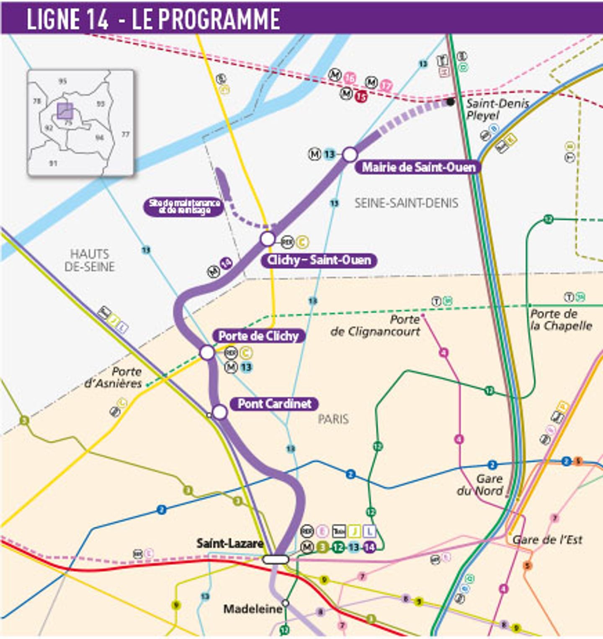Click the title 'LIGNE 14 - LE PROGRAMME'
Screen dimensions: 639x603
click(x=153, y=19)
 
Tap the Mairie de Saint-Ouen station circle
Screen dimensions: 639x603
click(x=350, y=155)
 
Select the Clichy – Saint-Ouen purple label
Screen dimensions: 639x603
click(x=319, y=260)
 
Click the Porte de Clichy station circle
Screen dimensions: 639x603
click(x=207, y=353)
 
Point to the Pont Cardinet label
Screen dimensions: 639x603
click(x=274, y=404)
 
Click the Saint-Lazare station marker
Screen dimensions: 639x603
click(x=276, y=559)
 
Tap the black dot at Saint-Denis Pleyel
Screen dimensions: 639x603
click(x=450, y=101)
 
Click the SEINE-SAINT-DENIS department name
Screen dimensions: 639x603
click(x=406, y=203)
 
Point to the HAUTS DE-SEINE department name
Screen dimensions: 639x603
click(x=90, y=260)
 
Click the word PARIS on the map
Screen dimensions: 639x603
click(x=333, y=419)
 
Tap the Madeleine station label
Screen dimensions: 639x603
click(x=253, y=609)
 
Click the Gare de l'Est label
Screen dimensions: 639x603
click(x=547, y=540)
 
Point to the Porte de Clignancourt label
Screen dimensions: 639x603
click(x=375, y=325)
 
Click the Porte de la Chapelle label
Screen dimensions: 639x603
click(x=561, y=320)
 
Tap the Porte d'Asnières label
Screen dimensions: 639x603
click(x=113, y=377)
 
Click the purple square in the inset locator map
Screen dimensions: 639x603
click(x=65, y=111)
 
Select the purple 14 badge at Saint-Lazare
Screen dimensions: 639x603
click(x=369, y=547)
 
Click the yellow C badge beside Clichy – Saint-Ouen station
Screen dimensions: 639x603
click(x=302, y=242)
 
